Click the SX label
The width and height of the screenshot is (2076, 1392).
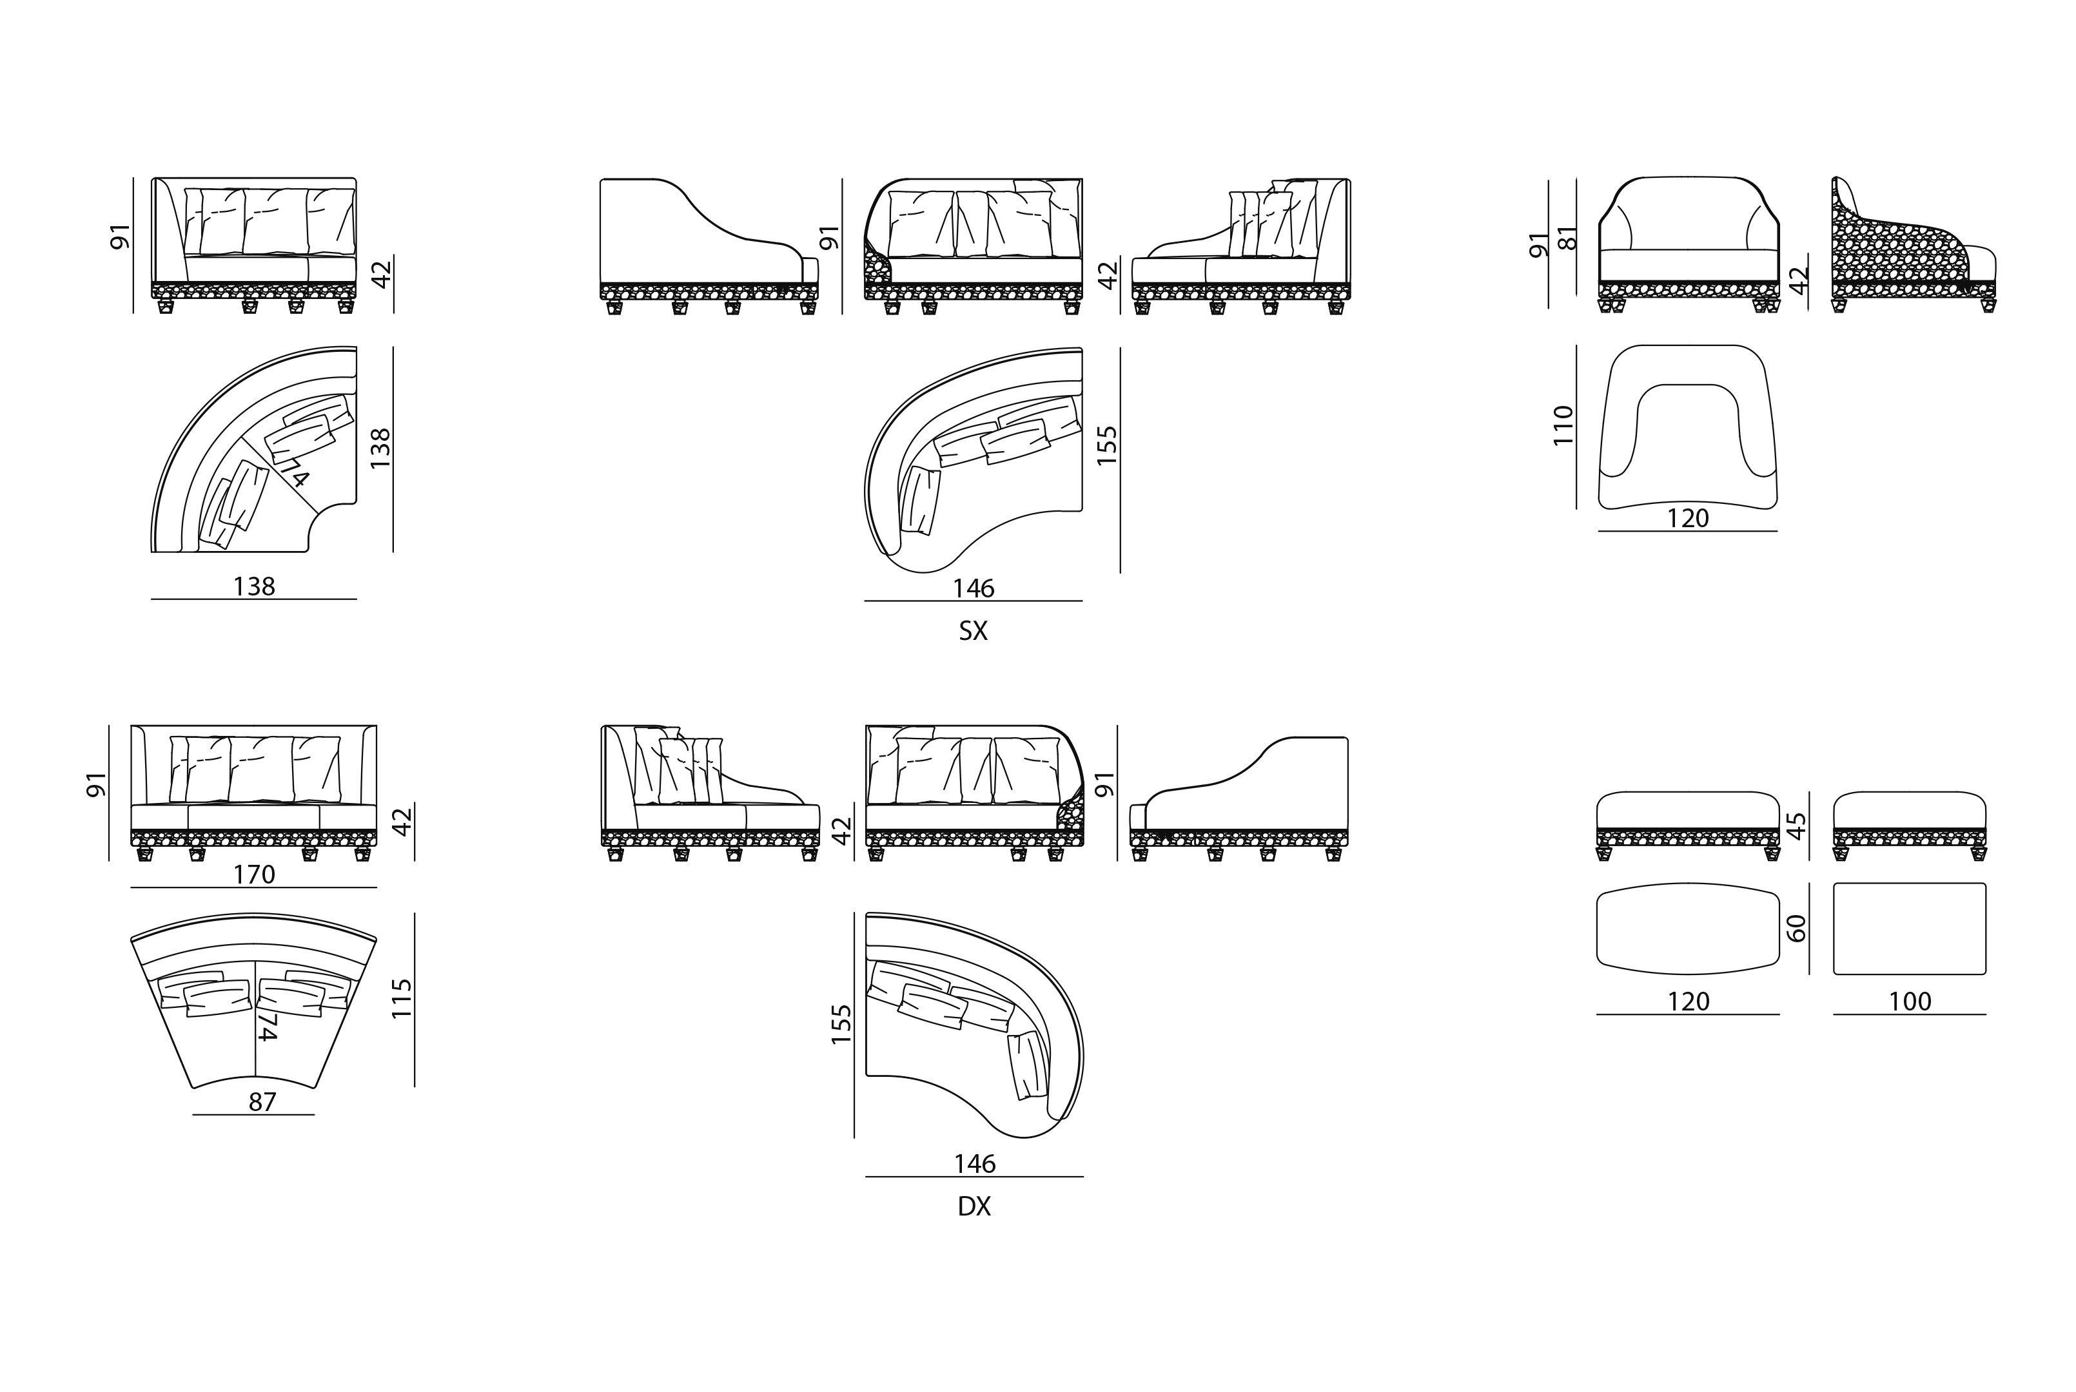pyautogui.click(x=973, y=631)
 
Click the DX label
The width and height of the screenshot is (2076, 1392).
pyautogui.click(x=974, y=1206)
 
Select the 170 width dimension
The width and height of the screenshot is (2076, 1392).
pyautogui.click(x=254, y=875)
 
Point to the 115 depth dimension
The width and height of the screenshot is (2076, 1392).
pyautogui.click(x=402, y=999)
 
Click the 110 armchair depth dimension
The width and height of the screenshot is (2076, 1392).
pyautogui.click(x=1563, y=426)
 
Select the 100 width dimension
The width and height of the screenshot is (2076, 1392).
pyautogui.click(x=1910, y=1001)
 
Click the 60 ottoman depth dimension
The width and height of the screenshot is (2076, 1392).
pyautogui.click(x=1796, y=929)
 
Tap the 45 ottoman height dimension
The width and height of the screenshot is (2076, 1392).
pyautogui.click(x=1796, y=826)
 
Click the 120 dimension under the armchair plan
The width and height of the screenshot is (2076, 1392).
pyautogui.click(x=1688, y=518)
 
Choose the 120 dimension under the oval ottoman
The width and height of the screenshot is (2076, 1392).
pyautogui.click(x=1688, y=1001)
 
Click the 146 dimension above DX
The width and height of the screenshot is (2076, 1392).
pyautogui.click(x=974, y=1164)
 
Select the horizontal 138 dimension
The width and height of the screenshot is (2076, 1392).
pyautogui.click(x=254, y=587)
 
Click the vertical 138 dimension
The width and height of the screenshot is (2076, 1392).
pyautogui.click(x=380, y=449)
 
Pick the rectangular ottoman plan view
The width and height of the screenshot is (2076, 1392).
pyautogui.click(x=1909, y=929)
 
